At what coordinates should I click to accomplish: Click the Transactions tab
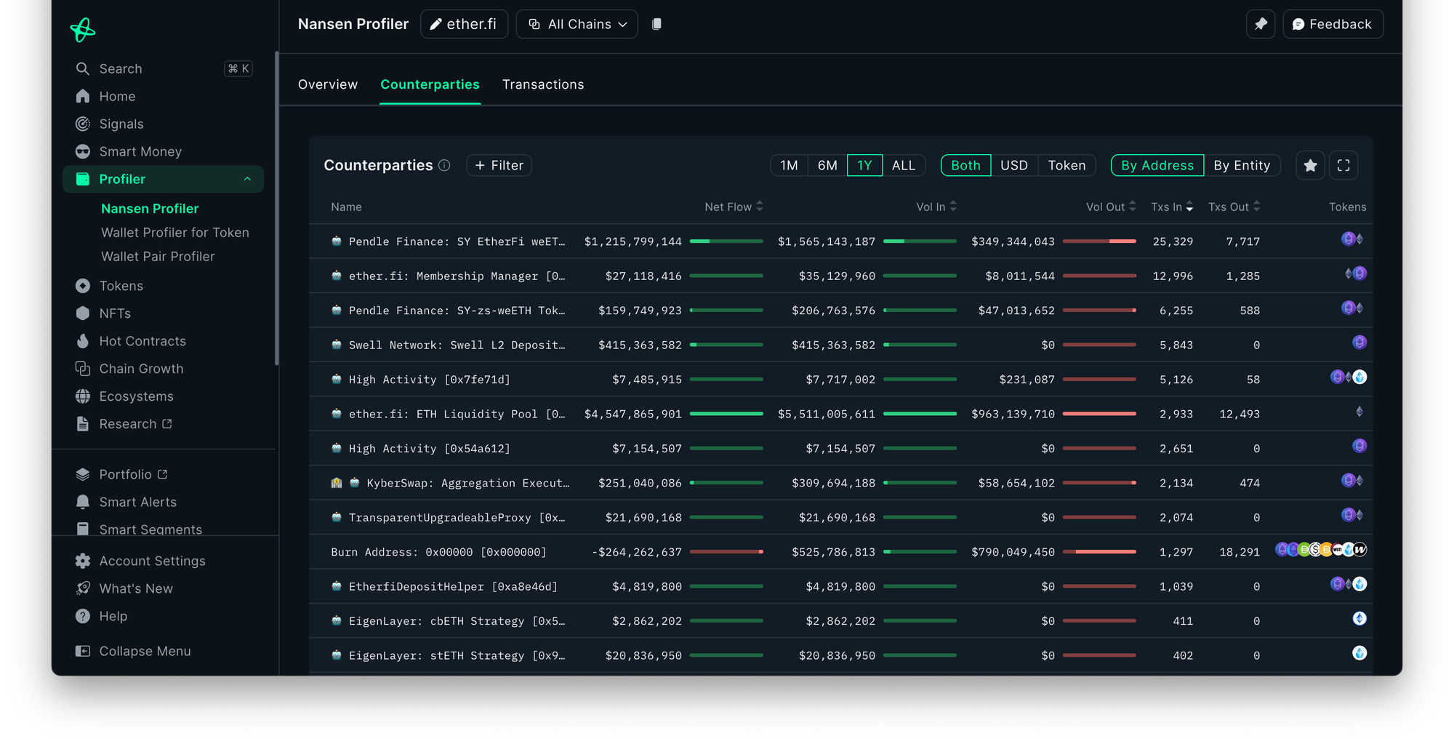tap(542, 84)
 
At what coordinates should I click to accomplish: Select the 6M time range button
tap(827, 165)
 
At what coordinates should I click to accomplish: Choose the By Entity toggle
tap(1241, 165)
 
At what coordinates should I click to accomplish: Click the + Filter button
tap(499, 165)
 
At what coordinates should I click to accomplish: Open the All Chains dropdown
tap(577, 24)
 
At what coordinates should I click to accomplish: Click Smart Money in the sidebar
tap(140, 151)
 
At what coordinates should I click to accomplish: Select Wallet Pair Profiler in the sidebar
tap(158, 256)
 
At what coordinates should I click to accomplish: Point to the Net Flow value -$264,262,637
tap(637, 552)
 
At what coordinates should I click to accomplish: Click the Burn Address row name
tap(438, 552)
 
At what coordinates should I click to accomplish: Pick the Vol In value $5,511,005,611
tap(827, 414)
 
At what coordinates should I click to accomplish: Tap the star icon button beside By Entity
tap(1310, 165)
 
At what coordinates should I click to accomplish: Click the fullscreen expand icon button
tap(1343, 165)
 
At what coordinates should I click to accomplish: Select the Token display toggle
tap(1066, 165)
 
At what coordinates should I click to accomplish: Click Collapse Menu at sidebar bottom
tap(145, 651)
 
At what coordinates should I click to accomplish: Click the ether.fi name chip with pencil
tap(464, 24)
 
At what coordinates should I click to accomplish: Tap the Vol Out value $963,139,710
tap(1013, 414)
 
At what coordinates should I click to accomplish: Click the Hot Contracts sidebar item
tap(142, 341)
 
